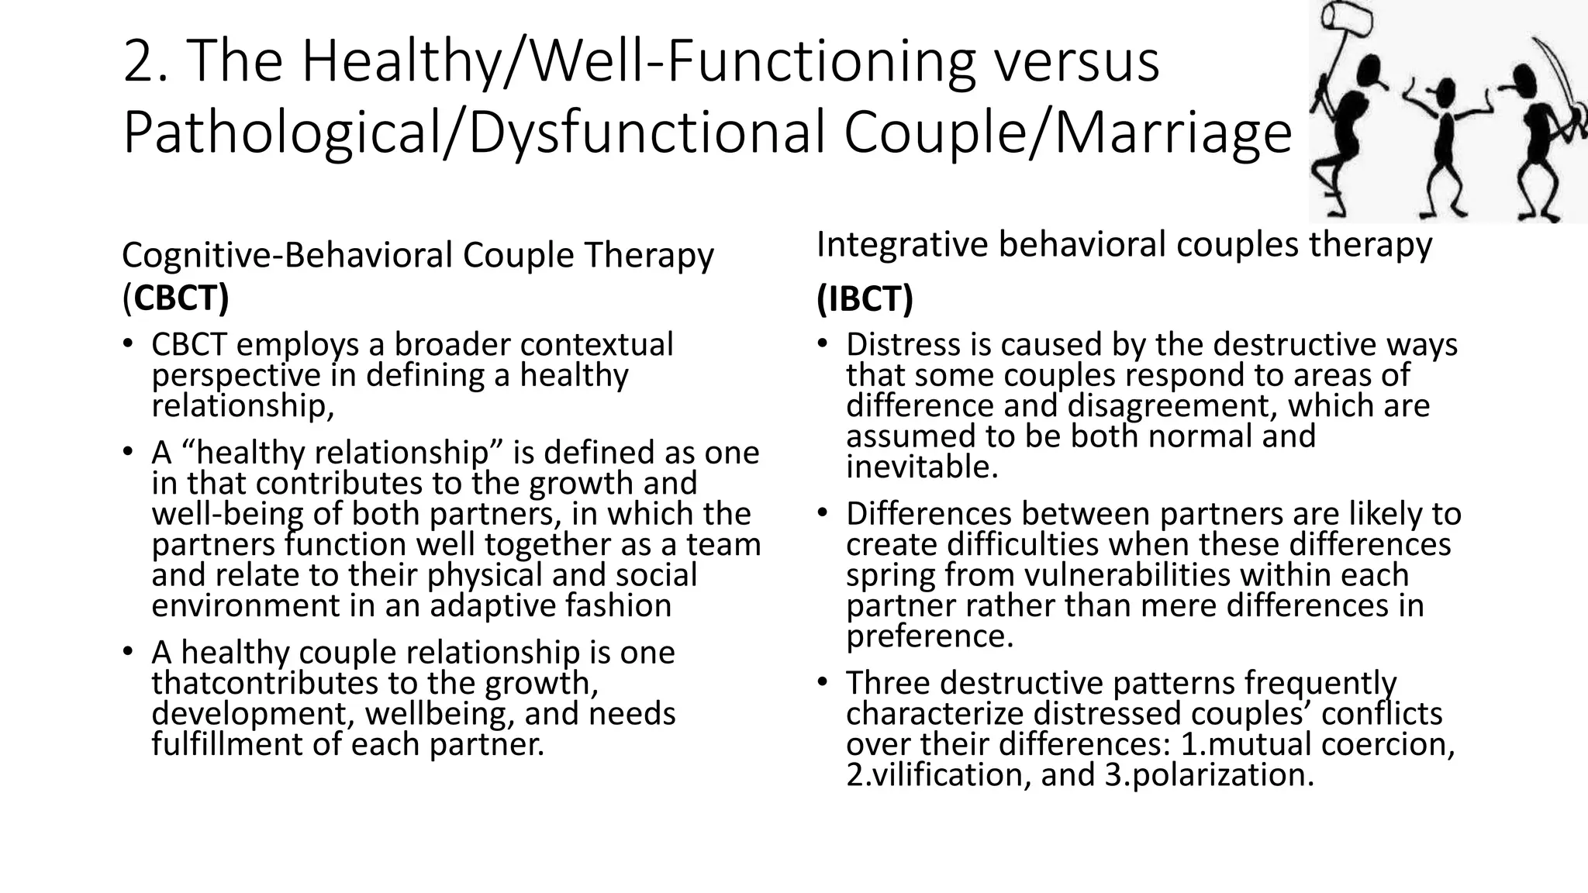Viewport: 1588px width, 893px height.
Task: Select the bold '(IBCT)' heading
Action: tap(865, 298)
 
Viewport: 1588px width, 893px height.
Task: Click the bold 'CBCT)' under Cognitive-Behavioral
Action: tap(181, 298)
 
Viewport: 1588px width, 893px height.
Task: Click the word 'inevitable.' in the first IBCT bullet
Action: tap(921, 467)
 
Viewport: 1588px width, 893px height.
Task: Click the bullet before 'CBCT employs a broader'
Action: tap(128, 344)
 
